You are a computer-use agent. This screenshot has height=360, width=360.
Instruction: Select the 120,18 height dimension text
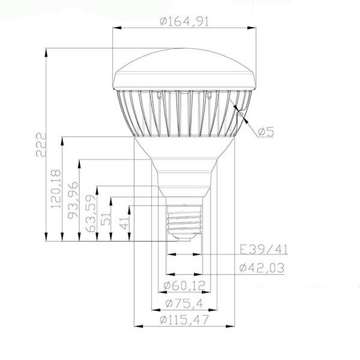[x=56, y=189]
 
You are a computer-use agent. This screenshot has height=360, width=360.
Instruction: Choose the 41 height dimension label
[x=123, y=224]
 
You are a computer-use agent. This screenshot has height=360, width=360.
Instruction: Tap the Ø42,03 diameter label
[x=260, y=267]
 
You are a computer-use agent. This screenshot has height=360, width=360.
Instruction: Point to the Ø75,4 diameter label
[x=184, y=302]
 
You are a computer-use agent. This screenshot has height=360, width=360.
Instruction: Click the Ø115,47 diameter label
[x=184, y=320]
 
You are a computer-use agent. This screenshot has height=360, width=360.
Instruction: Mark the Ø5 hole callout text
[x=265, y=132]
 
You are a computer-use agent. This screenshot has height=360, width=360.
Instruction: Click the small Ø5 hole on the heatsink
[x=239, y=112]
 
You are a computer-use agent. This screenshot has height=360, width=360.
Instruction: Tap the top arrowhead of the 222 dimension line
[x=46, y=52]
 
